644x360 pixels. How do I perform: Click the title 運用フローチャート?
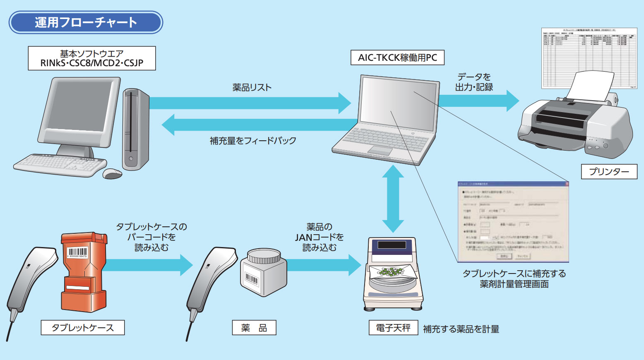pyautogui.click(x=86, y=22)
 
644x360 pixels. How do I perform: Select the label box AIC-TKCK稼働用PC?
pyautogui.click(x=397, y=58)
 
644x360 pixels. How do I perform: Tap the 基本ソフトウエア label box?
pyautogui.click(x=92, y=58)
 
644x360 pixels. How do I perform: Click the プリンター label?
pyautogui.click(x=609, y=171)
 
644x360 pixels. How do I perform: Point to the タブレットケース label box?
pyautogui.click(x=83, y=328)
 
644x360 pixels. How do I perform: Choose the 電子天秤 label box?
pyautogui.click(x=393, y=328)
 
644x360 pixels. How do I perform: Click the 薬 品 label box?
pyautogui.click(x=254, y=328)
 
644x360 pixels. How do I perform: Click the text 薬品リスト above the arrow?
pyautogui.click(x=252, y=88)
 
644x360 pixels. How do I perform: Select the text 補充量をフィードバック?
pyautogui.click(x=253, y=141)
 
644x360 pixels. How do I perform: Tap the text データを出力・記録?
pyautogui.click(x=474, y=82)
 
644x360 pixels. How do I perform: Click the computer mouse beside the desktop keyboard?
pyautogui.click(x=112, y=173)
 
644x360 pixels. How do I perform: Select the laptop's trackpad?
pyautogui.click(x=380, y=150)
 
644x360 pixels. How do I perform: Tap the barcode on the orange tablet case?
pyautogui.click(x=77, y=252)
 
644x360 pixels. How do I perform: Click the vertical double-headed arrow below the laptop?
pyautogui.click(x=393, y=199)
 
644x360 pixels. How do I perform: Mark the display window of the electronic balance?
pyautogui.click(x=392, y=245)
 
